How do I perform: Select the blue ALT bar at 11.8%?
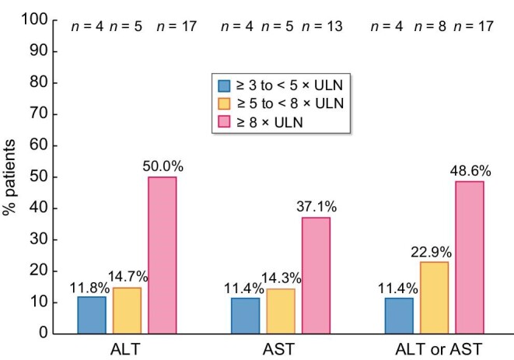[92, 315]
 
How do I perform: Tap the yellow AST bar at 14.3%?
[281, 311]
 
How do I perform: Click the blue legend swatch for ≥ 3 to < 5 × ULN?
[225, 84]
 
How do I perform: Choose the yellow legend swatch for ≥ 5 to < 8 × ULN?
[225, 102]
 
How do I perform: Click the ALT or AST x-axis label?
[435, 349]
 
